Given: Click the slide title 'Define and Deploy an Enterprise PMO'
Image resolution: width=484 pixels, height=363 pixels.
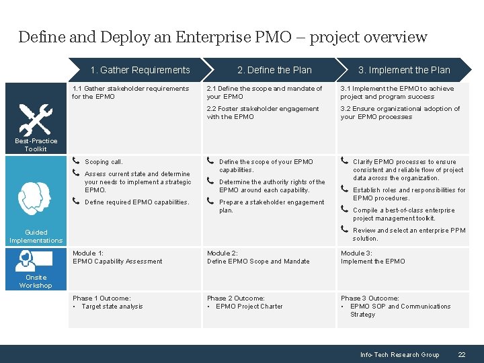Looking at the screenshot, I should pyautogui.click(x=222, y=37).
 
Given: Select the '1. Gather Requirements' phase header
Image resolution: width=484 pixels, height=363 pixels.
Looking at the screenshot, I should pyautogui.click(x=140, y=70).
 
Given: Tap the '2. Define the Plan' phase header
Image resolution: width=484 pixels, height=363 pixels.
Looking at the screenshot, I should pyautogui.click(x=274, y=70).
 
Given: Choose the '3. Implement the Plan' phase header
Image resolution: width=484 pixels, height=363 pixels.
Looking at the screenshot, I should pyautogui.click(x=404, y=70).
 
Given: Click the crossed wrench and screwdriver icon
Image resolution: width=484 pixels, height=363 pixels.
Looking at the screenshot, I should pyautogui.click(x=35, y=120).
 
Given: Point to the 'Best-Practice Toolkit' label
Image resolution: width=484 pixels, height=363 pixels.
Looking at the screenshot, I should pyautogui.click(x=36, y=145).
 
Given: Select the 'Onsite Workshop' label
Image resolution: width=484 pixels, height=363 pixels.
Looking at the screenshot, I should pyautogui.click(x=36, y=281).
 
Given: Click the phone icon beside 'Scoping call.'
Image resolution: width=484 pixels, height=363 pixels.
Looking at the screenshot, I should pyautogui.click(x=76, y=161).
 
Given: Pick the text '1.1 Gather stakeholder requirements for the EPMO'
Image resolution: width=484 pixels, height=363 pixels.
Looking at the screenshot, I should pyautogui.click(x=130, y=92).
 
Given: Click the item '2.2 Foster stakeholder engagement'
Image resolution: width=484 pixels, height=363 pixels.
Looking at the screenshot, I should pyautogui.click(x=263, y=112).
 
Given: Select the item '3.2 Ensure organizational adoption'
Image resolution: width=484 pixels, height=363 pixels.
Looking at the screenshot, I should pyautogui.click(x=400, y=112).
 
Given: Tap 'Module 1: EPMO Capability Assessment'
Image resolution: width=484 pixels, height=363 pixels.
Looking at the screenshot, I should pyautogui.click(x=117, y=257).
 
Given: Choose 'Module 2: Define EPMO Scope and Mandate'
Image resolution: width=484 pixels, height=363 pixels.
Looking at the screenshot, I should pyautogui.click(x=258, y=257).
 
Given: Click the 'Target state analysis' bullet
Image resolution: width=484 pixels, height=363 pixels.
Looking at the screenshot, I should pyautogui.click(x=112, y=307).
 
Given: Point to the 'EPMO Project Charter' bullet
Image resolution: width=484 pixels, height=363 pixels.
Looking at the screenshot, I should pyautogui.click(x=249, y=307).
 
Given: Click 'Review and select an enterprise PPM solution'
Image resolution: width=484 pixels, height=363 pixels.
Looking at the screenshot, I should pyautogui.click(x=409, y=234).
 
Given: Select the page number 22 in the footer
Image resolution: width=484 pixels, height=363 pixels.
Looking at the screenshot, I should pyautogui.click(x=461, y=354).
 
